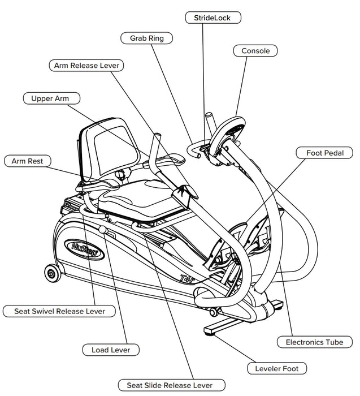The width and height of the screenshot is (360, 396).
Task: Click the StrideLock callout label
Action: pos(213,18)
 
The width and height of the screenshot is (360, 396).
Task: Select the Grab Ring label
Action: pos(146,38)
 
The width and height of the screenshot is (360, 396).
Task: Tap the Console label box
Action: pos(255,51)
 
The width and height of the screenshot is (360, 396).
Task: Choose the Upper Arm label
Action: pos(50,98)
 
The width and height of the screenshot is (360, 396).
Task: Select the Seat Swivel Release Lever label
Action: pos(58,311)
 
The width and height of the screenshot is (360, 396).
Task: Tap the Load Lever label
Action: pos(111,350)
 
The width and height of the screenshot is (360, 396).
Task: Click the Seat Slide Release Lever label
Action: pos(166,385)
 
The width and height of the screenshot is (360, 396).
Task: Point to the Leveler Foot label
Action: pos(277,369)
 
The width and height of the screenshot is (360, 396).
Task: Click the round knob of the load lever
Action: pos(102,230)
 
